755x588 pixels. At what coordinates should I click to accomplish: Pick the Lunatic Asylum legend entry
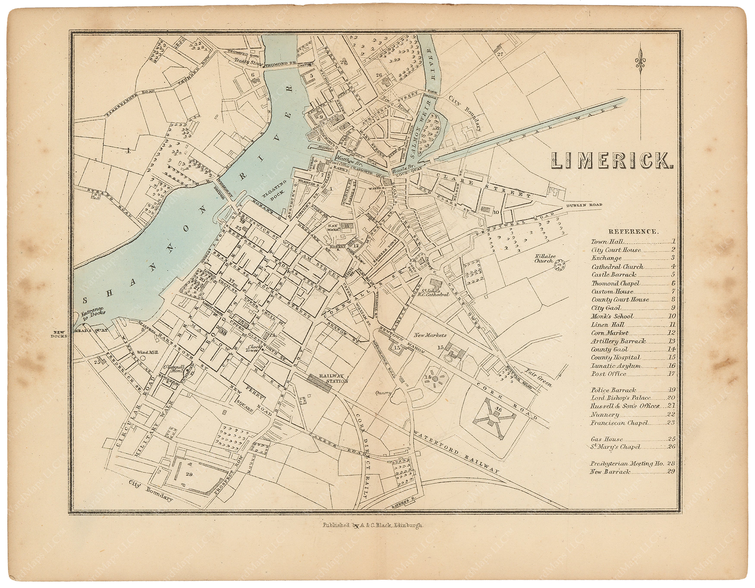[616, 366]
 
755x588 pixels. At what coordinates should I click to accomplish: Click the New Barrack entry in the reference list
[610, 472]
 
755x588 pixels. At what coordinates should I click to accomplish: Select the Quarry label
[384, 393]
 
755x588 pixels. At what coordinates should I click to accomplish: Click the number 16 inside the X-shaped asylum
[498, 409]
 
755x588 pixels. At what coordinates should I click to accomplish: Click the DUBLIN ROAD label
[584, 205]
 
